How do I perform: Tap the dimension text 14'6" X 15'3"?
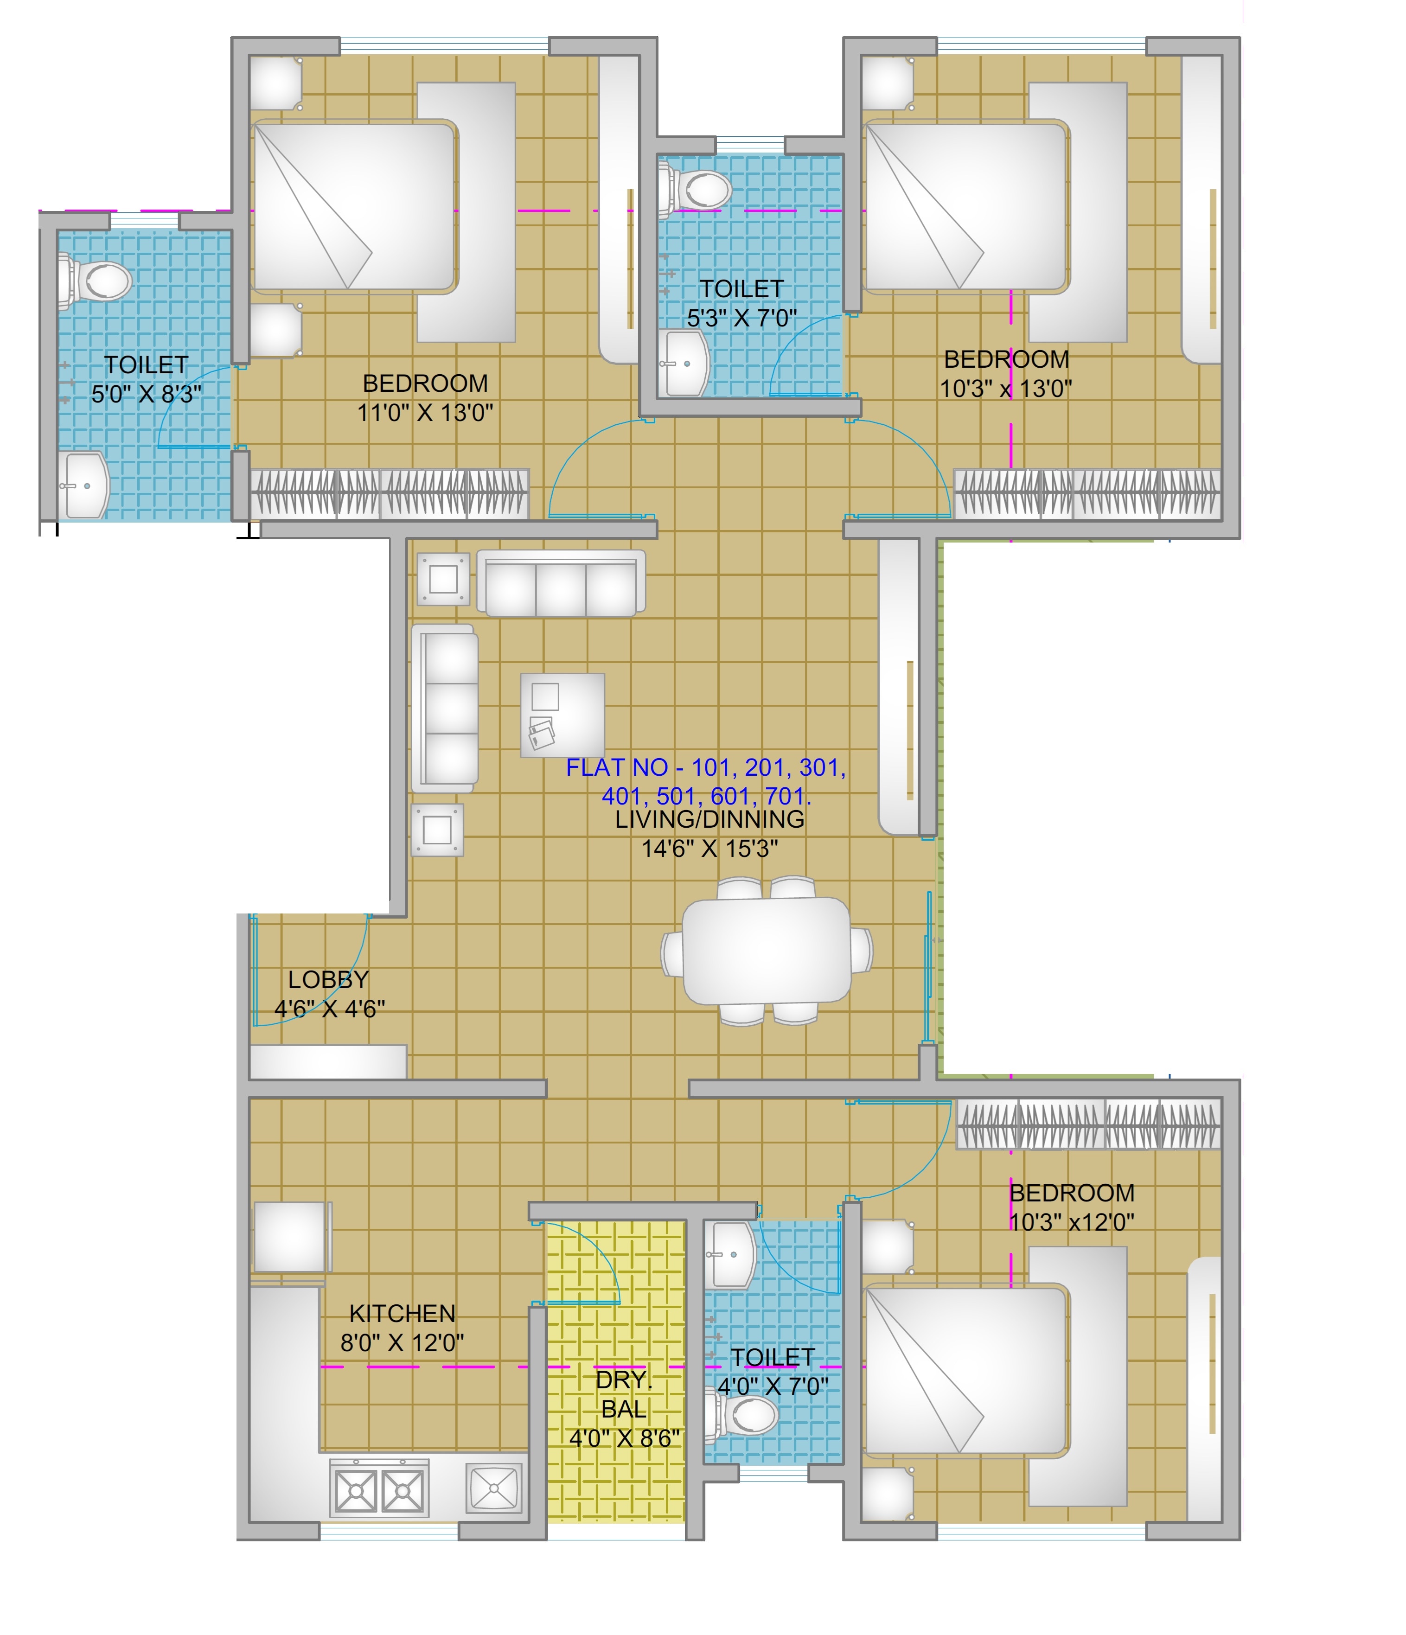click(x=709, y=848)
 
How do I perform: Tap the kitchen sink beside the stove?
click(x=494, y=1488)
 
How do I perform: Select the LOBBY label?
click(x=328, y=979)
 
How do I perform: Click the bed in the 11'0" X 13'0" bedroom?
click(x=353, y=207)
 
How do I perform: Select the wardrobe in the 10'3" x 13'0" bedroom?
click(x=1087, y=493)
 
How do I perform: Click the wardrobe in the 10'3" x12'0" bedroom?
click(x=1089, y=1124)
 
